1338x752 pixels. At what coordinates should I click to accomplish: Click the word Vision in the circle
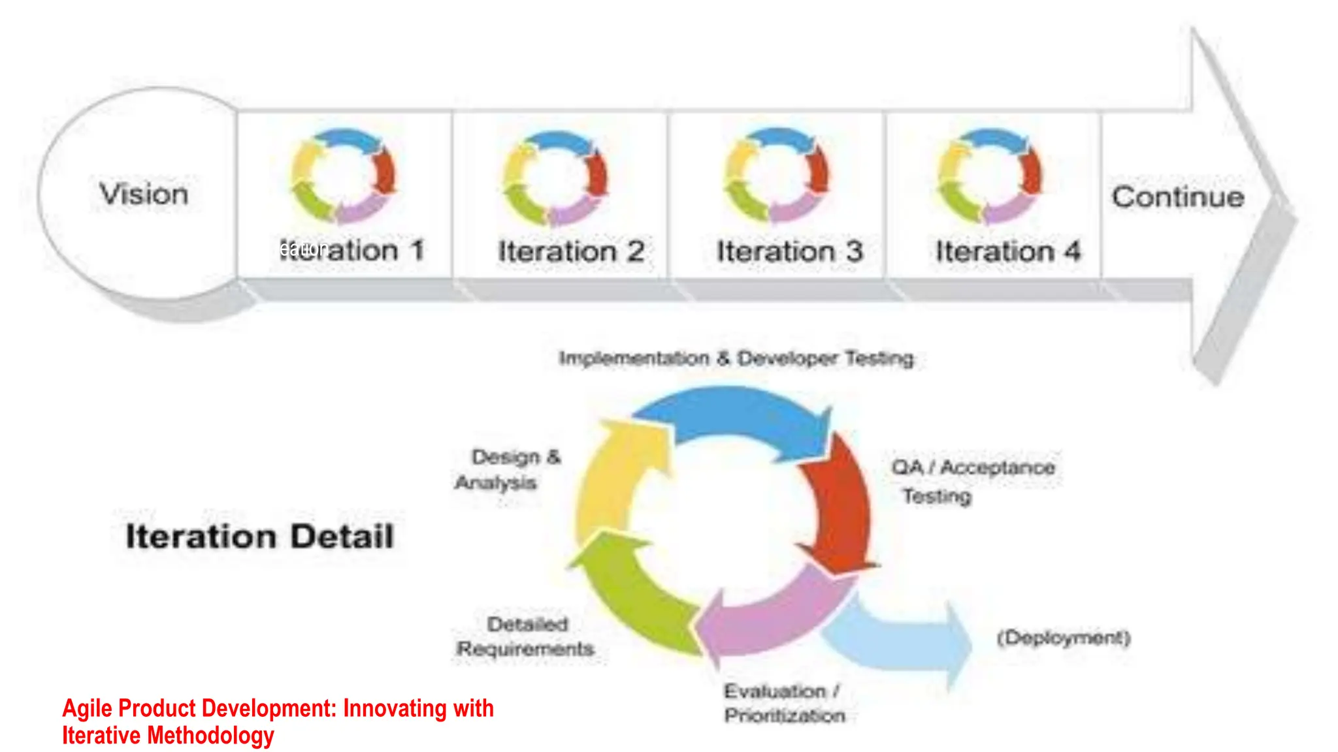click(144, 194)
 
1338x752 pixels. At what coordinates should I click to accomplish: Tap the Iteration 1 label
click(353, 250)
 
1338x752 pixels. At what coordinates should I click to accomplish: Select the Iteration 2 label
click(571, 251)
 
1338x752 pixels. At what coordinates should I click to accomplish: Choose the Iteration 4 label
click(1007, 251)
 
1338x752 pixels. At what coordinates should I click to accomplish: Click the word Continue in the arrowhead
click(1178, 196)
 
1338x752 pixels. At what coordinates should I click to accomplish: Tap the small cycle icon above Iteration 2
click(555, 177)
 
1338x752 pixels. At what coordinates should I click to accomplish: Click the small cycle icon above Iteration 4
click(990, 175)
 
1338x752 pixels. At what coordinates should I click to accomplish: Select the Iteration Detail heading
click(259, 537)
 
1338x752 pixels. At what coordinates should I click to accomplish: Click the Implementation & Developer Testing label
click(736, 358)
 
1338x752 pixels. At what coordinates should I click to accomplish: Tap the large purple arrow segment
click(771, 617)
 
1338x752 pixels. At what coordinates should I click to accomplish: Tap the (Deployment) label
click(1063, 637)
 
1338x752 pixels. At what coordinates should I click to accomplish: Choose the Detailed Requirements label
click(526, 636)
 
